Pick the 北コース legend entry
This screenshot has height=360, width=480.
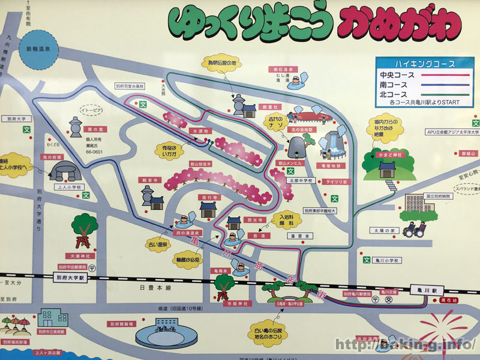tap(393, 94)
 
